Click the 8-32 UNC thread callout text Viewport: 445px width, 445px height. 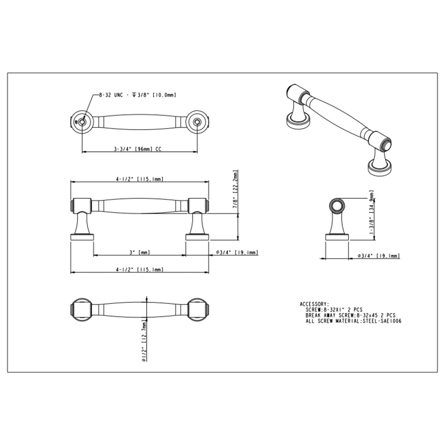click(137, 94)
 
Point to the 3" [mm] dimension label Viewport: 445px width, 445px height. click(139, 252)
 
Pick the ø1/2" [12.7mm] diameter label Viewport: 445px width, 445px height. click(144, 341)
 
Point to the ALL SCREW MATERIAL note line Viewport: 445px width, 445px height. click(353, 321)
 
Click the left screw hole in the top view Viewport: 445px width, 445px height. click(82, 122)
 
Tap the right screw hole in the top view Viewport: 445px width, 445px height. click(197, 122)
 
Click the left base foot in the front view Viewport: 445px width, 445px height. click(82, 237)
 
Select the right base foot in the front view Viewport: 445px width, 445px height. click(197, 237)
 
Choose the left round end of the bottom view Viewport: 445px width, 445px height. click(81, 310)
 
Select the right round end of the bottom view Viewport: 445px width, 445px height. click(198, 310)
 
